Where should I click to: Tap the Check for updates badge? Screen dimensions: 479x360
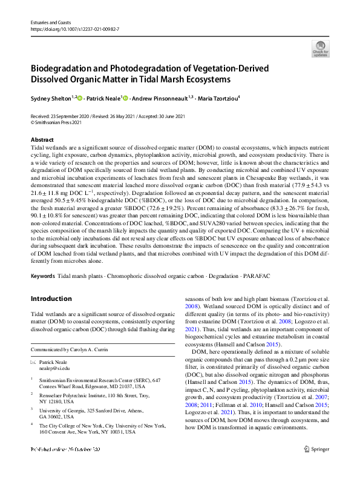point(321,48)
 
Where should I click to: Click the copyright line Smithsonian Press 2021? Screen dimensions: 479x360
point(57,122)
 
